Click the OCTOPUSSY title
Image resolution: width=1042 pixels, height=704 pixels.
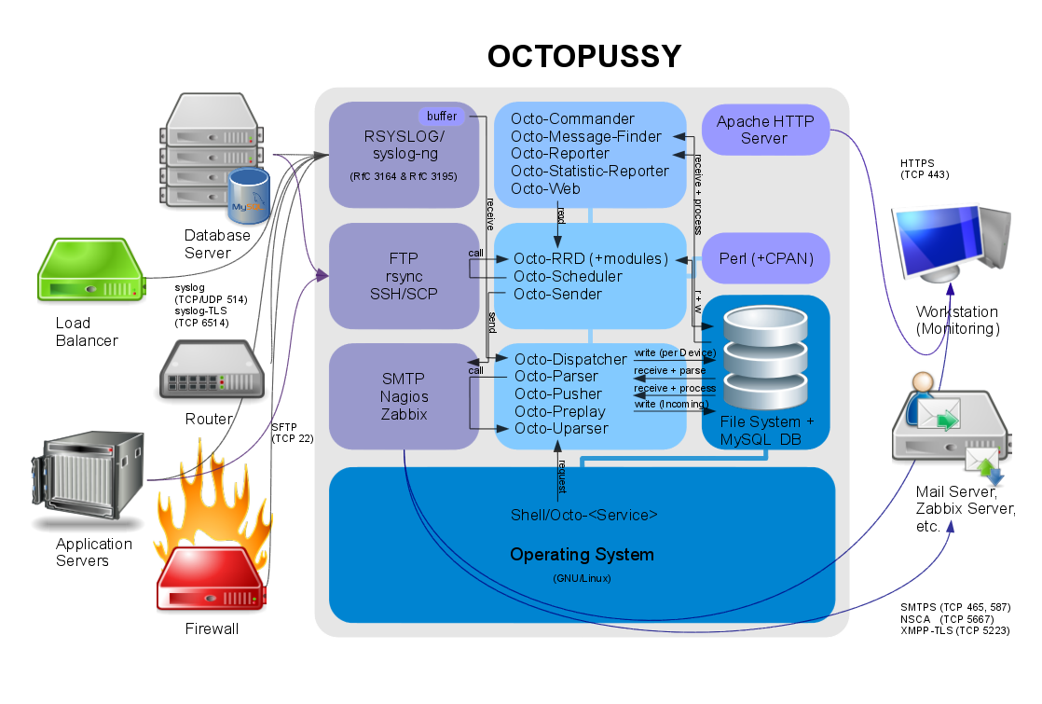pos(584,57)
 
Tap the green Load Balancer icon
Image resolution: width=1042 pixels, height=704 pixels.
pos(90,270)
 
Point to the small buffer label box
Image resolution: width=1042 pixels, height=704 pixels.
pos(442,116)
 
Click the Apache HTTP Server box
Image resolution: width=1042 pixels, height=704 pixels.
pos(764,130)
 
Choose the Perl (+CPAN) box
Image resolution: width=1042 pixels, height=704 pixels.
pos(764,258)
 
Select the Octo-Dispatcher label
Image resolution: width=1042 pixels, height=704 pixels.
pos(570,359)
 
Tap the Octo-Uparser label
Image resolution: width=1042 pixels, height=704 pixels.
pos(561,428)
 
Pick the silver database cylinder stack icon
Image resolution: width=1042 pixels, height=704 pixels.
pos(761,354)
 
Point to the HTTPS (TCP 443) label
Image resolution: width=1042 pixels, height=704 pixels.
pos(925,168)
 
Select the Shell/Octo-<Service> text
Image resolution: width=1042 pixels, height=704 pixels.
pos(584,515)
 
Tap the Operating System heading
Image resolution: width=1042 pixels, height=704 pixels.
pos(582,555)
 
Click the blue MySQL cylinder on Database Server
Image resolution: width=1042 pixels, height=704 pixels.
pos(249,196)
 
